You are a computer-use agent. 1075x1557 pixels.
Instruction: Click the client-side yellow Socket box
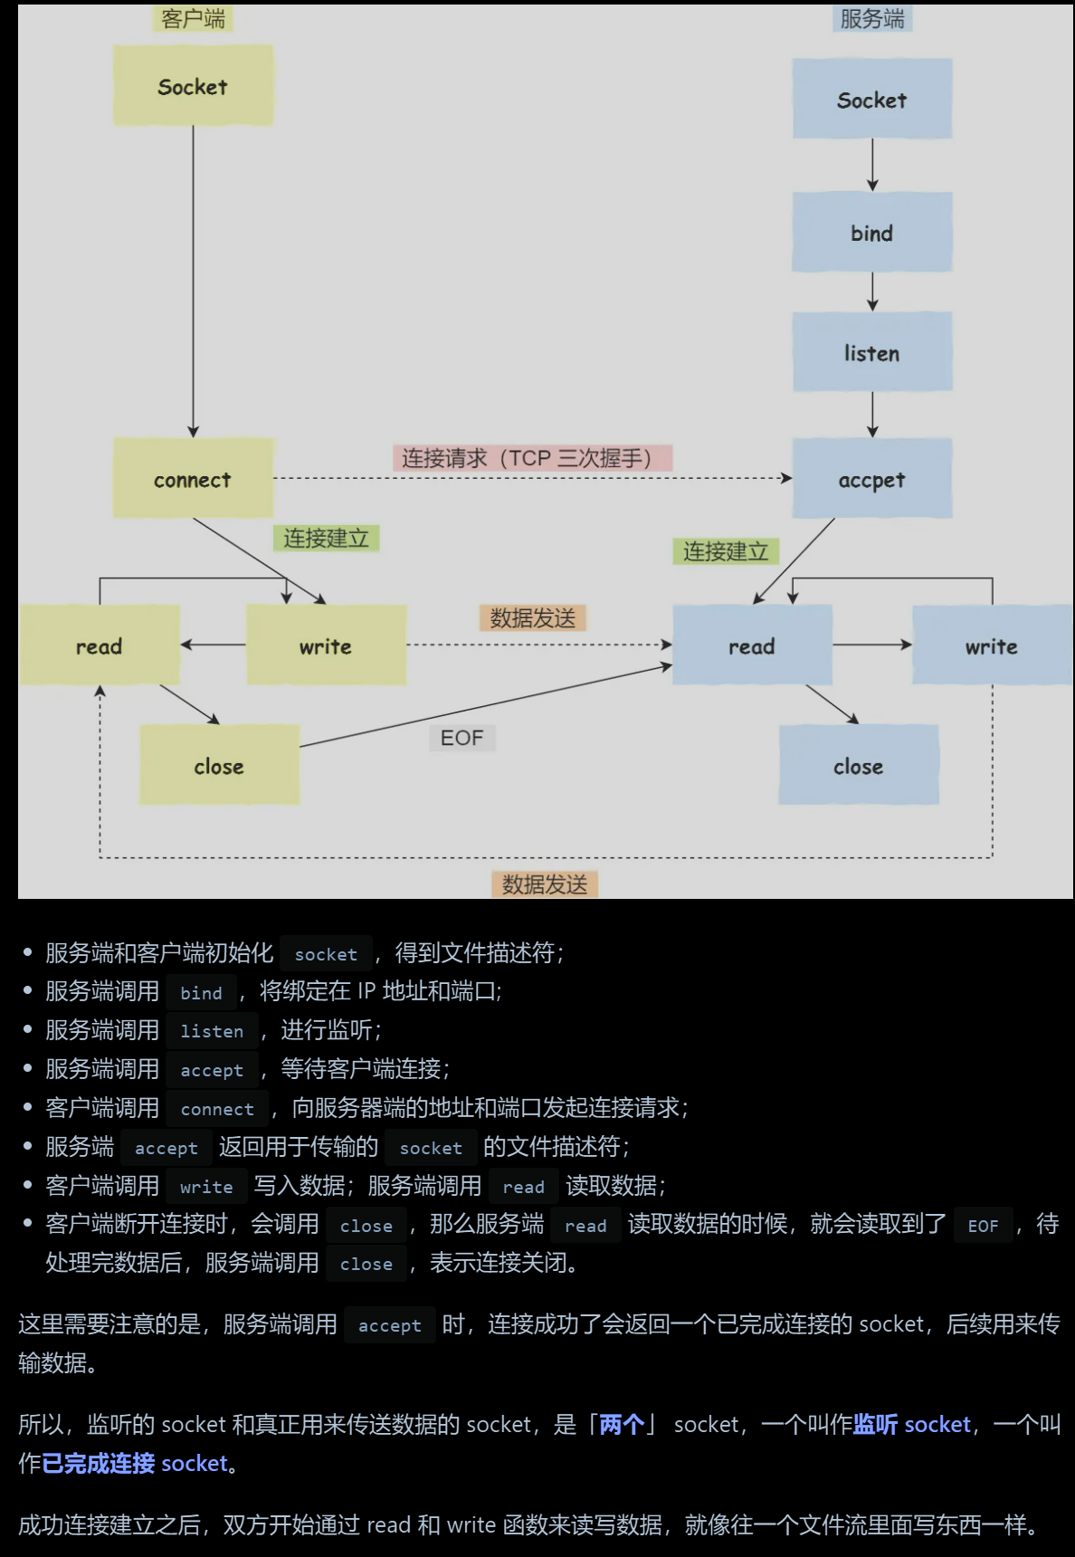point(193,86)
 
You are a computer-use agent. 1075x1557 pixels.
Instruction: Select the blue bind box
point(871,233)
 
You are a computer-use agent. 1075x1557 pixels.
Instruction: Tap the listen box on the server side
point(871,352)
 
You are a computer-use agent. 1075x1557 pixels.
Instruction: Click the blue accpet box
point(871,479)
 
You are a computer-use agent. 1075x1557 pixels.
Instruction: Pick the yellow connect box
point(193,479)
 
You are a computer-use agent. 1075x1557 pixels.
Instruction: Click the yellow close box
point(219,766)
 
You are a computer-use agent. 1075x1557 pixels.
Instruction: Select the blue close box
point(858,766)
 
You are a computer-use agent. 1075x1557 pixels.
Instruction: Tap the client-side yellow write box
point(326,645)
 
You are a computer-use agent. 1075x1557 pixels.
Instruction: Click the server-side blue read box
point(752,645)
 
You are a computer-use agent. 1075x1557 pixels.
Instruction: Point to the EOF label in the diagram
point(461,738)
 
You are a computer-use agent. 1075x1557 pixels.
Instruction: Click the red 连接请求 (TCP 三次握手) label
point(532,458)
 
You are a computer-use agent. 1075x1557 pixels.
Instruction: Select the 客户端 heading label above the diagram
point(193,19)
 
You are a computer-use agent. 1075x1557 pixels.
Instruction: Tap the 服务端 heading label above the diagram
point(871,19)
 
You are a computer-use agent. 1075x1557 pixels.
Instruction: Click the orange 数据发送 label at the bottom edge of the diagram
point(545,884)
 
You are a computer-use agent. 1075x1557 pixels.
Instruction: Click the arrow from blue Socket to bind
point(872,165)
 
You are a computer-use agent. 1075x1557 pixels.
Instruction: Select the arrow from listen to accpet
point(872,415)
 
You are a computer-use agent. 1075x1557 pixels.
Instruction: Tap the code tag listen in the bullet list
point(212,1031)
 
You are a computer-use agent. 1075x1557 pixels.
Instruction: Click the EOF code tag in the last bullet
point(983,1226)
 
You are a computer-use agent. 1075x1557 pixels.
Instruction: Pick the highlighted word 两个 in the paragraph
point(622,1424)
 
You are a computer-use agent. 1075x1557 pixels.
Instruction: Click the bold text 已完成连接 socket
point(135,1463)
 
